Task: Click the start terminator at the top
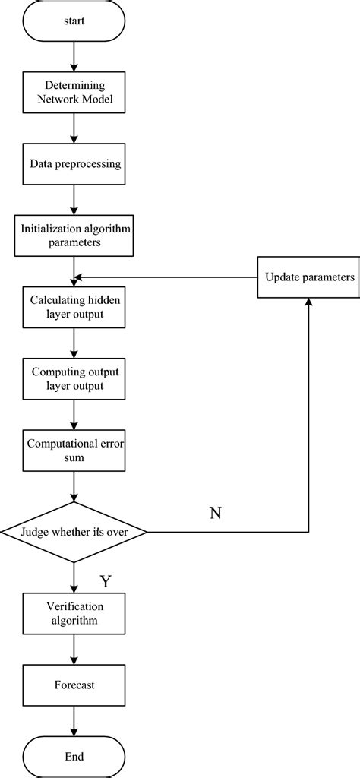pos(74,21)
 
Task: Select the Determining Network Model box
pos(74,93)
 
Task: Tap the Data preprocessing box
pos(74,163)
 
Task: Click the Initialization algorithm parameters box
pos(74,235)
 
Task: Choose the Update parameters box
pos(309,277)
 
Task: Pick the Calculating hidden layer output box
pos(74,306)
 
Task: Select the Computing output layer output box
pos(74,378)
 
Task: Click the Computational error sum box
pos(74,449)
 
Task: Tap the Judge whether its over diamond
pos(74,532)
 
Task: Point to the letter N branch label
pos(216,513)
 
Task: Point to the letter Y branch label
pos(106,581)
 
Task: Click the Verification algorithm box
pos(74,613)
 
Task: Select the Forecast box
pos(74,685)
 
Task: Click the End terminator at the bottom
pos(74,756)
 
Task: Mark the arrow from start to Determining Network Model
pos(74,56)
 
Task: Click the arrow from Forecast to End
pos(74,720)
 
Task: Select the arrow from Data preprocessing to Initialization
pos(74,199)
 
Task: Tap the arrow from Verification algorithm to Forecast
pos(74,649)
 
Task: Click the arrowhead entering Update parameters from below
pos(309,301)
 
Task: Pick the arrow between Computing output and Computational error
pos(74,413)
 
